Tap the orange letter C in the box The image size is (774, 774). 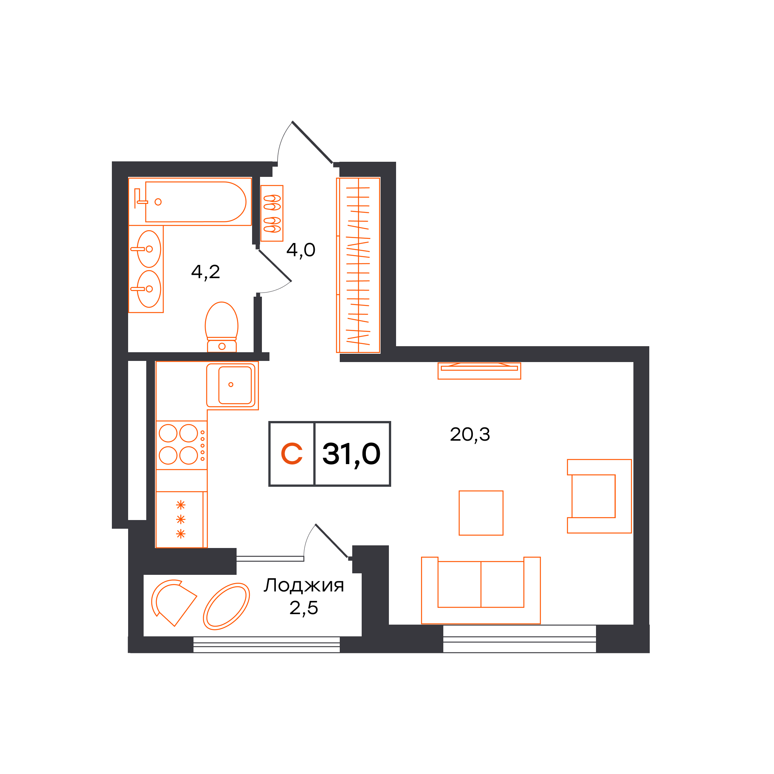click(292, 454)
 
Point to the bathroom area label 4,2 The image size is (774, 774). click(206, 272)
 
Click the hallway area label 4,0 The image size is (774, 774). click(301, 251)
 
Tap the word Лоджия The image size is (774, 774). click(304, 585)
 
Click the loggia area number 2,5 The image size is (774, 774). click(304, 608)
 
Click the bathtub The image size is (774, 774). click(195, 202)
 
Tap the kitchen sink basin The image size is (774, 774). click(235, 385)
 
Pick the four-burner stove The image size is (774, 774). click(181, 445)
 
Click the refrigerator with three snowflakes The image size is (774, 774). click(181, 520)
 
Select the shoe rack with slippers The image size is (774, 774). click(272, 213)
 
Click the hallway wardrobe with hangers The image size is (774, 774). click(358, 265)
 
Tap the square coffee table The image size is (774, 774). click(481, 513)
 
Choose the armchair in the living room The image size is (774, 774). click(599, 496)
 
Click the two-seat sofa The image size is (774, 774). click(481, 590)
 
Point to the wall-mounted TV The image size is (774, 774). click(479, 371)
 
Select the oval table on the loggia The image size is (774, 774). click(226, 607)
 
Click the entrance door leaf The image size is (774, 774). click(313, 142)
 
